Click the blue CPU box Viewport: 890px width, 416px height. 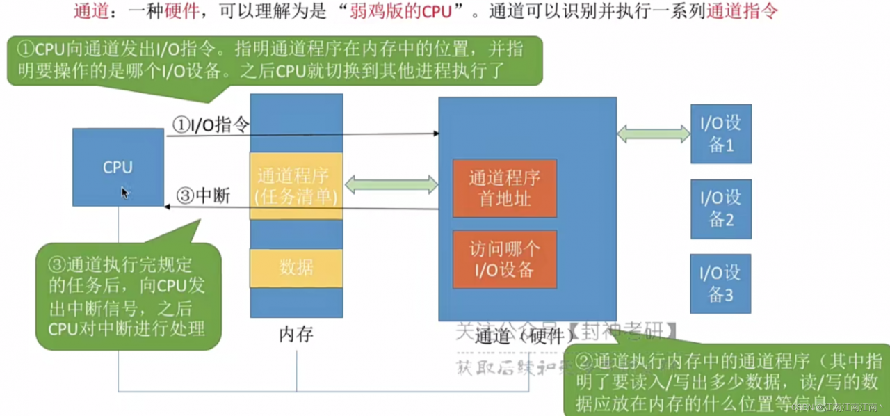(x=118, y=167)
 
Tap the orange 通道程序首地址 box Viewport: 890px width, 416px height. (x=504, y=188)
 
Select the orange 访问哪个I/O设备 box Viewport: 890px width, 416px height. (x=504, y=259)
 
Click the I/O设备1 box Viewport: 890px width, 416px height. (x=721, y=134)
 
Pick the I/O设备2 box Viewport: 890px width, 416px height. (x=721, y=209)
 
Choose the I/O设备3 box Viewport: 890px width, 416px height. (x=721, y=283)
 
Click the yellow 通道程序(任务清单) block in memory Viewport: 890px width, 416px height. (x=296, y=186)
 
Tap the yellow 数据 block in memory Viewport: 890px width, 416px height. (x=296, y=268)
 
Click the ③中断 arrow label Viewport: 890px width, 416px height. (x=204, y=196)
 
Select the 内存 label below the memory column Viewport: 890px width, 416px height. (x=296, y=335)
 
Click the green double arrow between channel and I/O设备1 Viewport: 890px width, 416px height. (x=653, y=134)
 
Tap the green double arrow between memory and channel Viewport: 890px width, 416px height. (x=391, y=185)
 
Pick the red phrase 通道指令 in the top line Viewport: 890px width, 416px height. (x=742, y=12)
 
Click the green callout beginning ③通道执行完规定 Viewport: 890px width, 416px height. (x=128, y=296)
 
